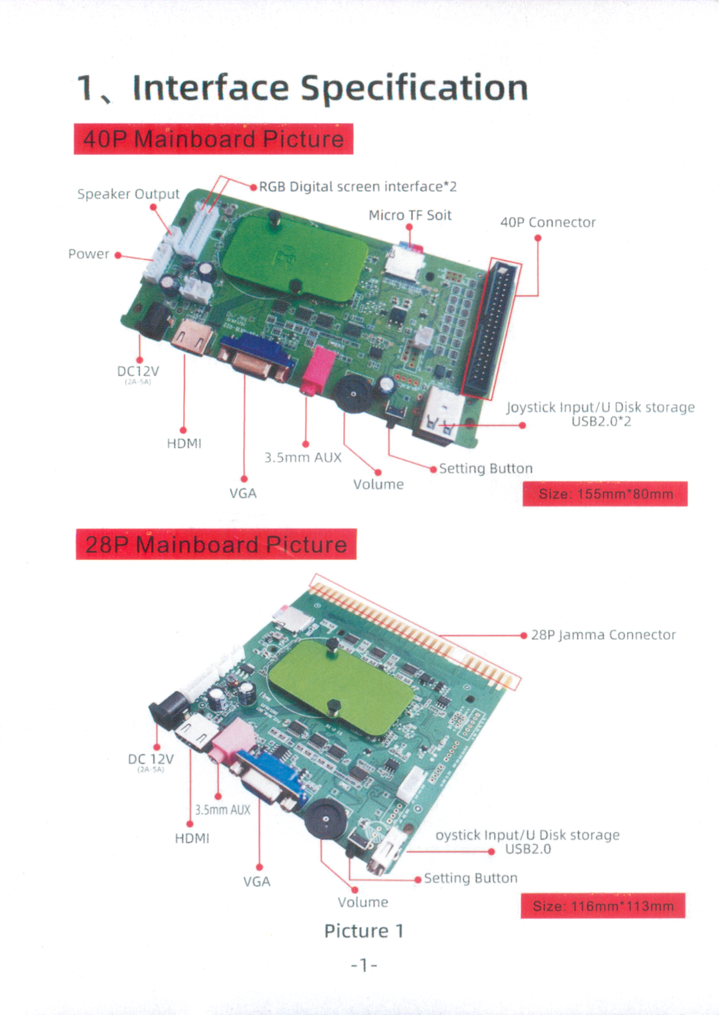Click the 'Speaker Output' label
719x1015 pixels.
[x=128, y=194]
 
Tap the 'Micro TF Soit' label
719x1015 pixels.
[x=410, y=215]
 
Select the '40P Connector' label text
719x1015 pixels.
[x=547, y=223]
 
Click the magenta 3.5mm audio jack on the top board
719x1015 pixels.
[x=316, y=369]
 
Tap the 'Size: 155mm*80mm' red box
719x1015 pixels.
[x=604, y=494]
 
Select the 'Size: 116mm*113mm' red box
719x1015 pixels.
[x=603, y=906]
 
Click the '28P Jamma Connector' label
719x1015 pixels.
[x=603, y=635]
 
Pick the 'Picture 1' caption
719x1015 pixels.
[x=364, y=931]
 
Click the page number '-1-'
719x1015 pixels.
[x=364, y=965]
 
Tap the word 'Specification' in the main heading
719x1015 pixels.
[x=414, y=87]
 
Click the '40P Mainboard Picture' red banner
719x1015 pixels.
[x=213, y=139]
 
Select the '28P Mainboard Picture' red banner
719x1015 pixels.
[x=216, y=545]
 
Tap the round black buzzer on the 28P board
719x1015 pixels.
[x=326, y=818]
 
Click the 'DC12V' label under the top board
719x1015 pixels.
[x=138, y=371]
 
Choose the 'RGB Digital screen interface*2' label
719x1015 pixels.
[x=357, y=187]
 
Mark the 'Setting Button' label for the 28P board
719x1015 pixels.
[x=471, y=878]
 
